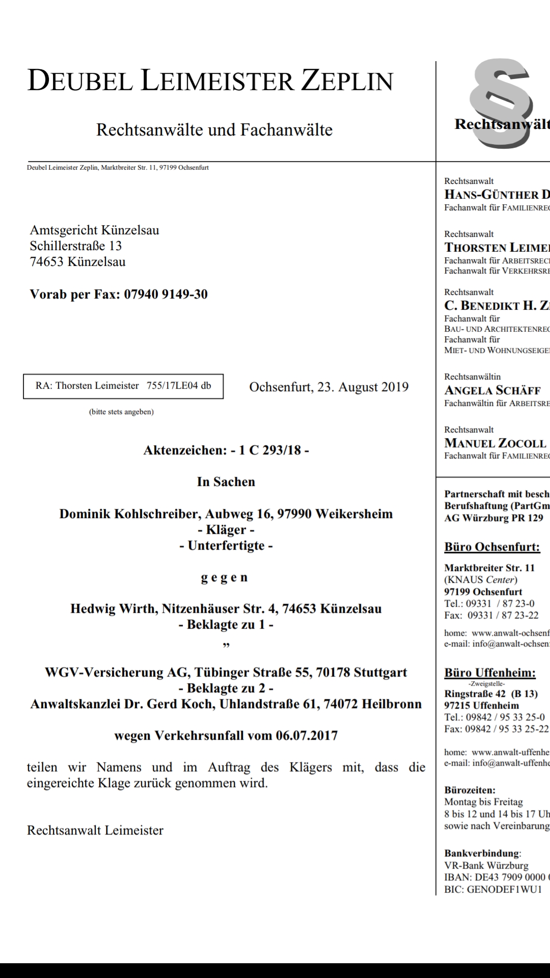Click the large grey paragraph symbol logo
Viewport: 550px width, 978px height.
tap(502, 104)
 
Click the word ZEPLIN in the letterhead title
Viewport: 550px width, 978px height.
tap(347, 81)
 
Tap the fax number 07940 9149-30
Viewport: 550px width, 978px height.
tap(166, 294)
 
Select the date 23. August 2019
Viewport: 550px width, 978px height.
tap(363, 387)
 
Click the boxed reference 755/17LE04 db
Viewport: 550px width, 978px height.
tap(179, 386)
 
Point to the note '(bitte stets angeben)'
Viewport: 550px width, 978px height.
tap(121, 412)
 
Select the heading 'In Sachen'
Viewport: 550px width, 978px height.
tap(226, 482)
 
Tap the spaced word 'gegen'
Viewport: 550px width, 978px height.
tap(224, 577)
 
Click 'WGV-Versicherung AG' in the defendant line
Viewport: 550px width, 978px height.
tap(117, 672)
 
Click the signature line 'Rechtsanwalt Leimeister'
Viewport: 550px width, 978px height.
tap(95, 830)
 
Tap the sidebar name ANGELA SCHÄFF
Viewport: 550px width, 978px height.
tap(492, 391)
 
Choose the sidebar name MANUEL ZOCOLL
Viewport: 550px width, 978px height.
tap(495, 443)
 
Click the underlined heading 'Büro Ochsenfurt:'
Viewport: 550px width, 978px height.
tap(492, 547)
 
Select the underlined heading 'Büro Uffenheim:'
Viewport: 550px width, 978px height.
tap(490, 673)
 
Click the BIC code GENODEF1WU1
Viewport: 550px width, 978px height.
tap(504, 889)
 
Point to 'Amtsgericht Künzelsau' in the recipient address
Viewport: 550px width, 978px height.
tap(94, 230)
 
